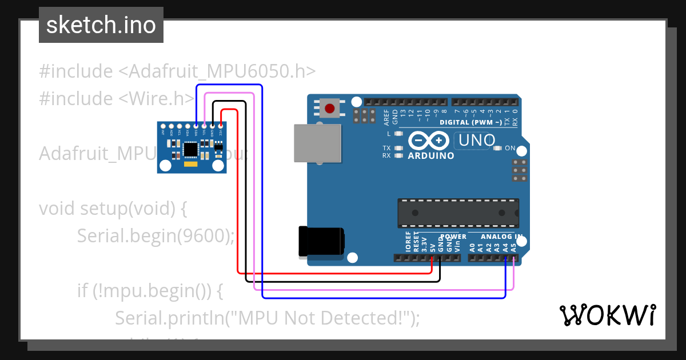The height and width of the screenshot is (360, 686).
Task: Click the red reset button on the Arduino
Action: pyautogui.click(x=330, y=108)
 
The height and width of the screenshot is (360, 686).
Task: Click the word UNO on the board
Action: pyautogui.click(x=474, y=139)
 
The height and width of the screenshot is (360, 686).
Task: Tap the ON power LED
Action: pyautogui.click(x=496, y=149)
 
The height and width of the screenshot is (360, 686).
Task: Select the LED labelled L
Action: pyautogui.click(x=399, y=134)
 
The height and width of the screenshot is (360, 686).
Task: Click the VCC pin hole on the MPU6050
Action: pyautogui.click(x=220, y=126)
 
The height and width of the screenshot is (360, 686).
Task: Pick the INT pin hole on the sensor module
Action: pyautogui.click(x=163, y=126)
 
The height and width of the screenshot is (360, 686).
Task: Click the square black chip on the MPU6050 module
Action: pyautogui.click(x=190, y=150)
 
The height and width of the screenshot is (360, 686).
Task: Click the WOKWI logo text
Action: pyautogui.click(x=607, y=315)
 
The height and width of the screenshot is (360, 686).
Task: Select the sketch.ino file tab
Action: pyautogui.click(x=101, y=25)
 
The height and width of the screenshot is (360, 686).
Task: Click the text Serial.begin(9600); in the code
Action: pyautogui.click(x=155, y=235)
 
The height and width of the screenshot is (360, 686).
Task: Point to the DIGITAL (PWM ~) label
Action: pyautogui.click(x=470, y=122)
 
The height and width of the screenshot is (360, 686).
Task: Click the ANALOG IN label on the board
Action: pyautogui.click(x=501, y=237)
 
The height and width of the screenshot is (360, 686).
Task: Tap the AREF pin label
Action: pyautogui.click(x=387, y=117)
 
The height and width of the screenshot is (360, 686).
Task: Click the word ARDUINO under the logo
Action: pyautogui.click(x=431, y=155)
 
